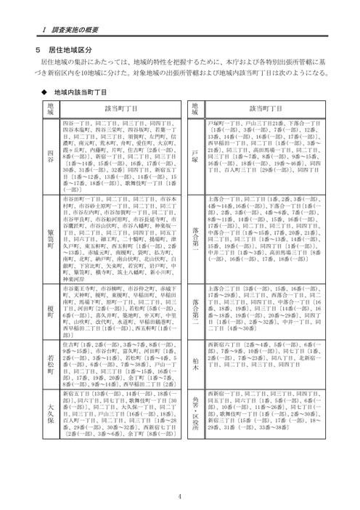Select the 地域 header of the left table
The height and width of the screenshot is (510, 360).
click(49, 110)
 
